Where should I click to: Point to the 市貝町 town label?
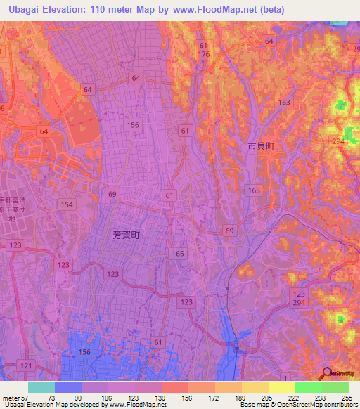pos(260,147)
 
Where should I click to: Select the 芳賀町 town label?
pos(127,237)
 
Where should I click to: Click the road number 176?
pos(204,54)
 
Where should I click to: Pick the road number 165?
pos(178,252)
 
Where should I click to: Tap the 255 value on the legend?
pos(348,397)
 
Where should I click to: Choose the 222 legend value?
pos(295,397)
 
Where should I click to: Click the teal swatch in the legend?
pos(41,387)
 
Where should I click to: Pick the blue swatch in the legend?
pos(67,387)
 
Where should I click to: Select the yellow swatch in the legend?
pos(281,387)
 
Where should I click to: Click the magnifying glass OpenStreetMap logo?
pos(328,373)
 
